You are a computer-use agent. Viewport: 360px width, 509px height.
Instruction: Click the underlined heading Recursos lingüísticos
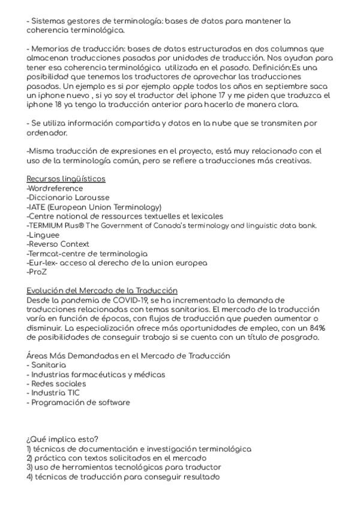(66, 179)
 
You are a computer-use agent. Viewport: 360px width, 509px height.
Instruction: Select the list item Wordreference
(55, 188)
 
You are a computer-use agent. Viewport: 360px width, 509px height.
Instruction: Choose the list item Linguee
(44, 235)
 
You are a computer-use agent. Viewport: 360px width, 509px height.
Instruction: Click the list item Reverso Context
(58, 244)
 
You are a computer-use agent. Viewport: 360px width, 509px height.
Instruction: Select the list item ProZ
(37, 272)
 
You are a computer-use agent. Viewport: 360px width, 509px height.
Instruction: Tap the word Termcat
(47, 253)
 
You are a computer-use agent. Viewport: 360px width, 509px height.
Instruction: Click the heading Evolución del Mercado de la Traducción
(102, 291)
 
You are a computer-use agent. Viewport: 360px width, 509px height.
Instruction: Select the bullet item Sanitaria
(49, 365)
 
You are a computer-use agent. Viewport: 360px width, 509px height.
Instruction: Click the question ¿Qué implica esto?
(63, 439)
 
